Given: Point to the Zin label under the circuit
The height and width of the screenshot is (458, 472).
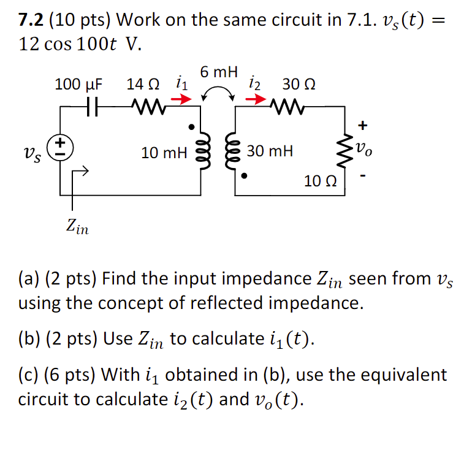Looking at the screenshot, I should coord(77,228).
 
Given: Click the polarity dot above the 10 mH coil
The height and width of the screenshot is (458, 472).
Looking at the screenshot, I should coord(192,127).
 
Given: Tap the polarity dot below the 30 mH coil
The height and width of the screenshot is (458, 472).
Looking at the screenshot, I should coord(245,177).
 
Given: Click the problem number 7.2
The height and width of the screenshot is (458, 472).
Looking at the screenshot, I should coord(31,21).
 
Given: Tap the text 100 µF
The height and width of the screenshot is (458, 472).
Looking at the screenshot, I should coord(79,84).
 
